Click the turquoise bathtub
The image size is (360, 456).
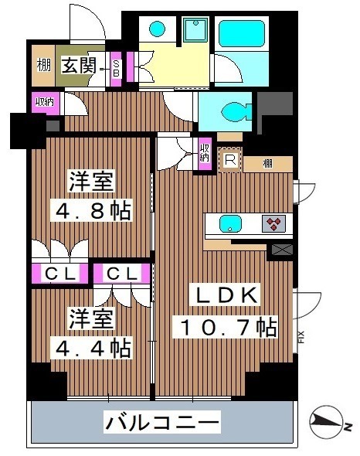point(243,34)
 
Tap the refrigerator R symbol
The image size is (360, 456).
point(229,160)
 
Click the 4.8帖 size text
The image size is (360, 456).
point(90,209)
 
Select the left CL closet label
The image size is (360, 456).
point(58,273)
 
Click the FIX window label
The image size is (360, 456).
point(301,337)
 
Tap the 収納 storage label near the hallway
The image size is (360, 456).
point(43,100)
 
